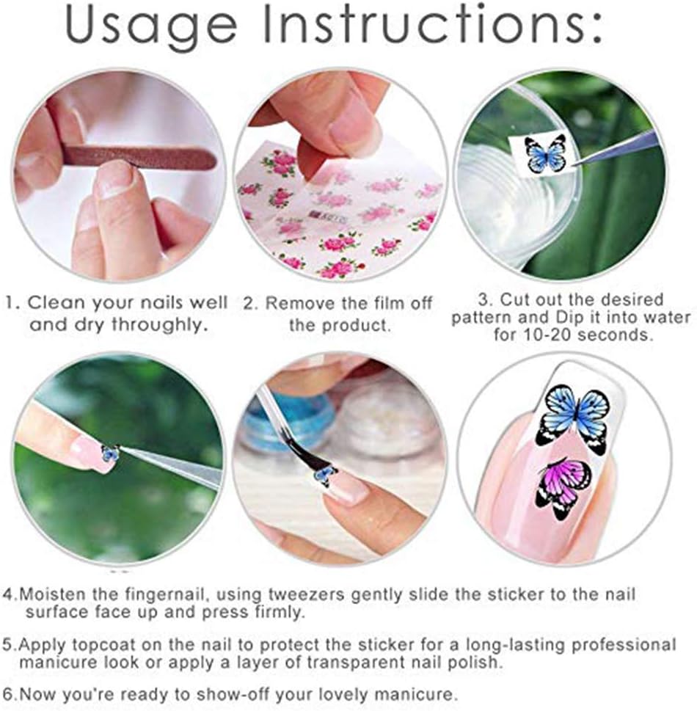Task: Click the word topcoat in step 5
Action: [106, 645]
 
